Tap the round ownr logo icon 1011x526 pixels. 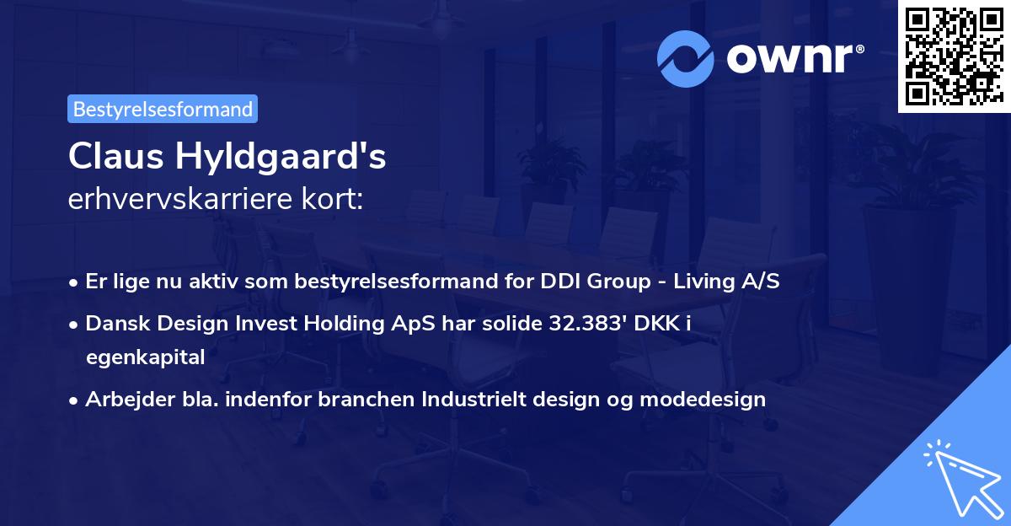click(x=685, y=58)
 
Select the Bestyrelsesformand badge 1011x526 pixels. click(x=163, y=109)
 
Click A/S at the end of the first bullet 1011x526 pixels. click(x=758, y=281)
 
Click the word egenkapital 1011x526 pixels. click(x=145, y=357)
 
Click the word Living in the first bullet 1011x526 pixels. click(x=698, y=281)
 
